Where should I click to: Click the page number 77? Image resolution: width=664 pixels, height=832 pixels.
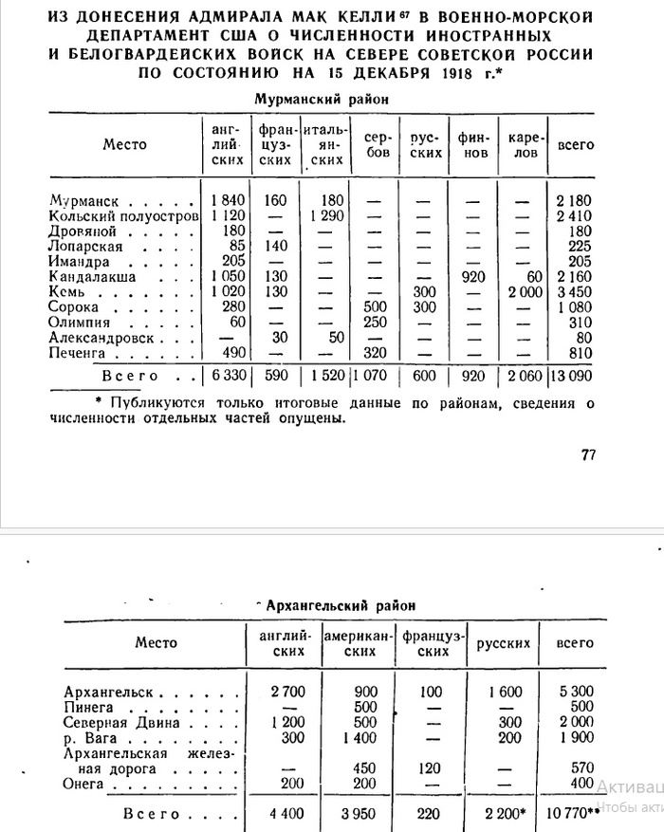coord(587,454)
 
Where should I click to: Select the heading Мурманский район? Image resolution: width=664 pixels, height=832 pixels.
coord(322,98)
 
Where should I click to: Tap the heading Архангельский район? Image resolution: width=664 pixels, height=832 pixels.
coord(336,604)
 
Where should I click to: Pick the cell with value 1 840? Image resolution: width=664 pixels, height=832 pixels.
coord(228,201)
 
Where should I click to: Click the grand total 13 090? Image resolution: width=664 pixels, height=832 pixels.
coord(572,377)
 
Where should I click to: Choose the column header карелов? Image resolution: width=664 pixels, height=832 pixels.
coord(523,144)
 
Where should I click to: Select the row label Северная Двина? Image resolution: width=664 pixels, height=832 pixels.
coord(109,722)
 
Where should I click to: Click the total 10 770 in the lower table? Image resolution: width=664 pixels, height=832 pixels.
coord(572,814)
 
